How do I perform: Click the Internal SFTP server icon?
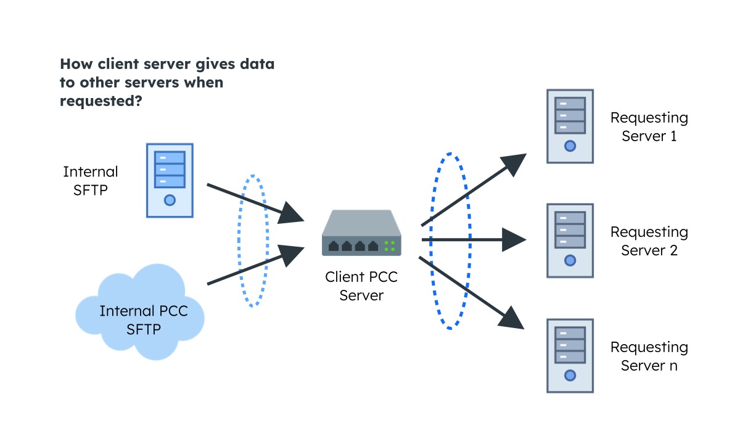click(170, 180)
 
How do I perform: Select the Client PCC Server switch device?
click(361, 234)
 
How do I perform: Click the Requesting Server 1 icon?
click(570, 126)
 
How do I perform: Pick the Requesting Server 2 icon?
click(570, 240)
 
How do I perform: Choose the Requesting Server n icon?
click(570, 356)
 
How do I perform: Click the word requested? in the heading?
click(101, 101)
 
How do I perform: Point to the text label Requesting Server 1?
click(649, 127)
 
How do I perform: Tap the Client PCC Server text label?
click(361, 286)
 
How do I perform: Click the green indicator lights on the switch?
click(390, 246)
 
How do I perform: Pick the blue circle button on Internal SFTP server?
click(170, 200)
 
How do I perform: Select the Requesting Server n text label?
click(649, 356)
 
